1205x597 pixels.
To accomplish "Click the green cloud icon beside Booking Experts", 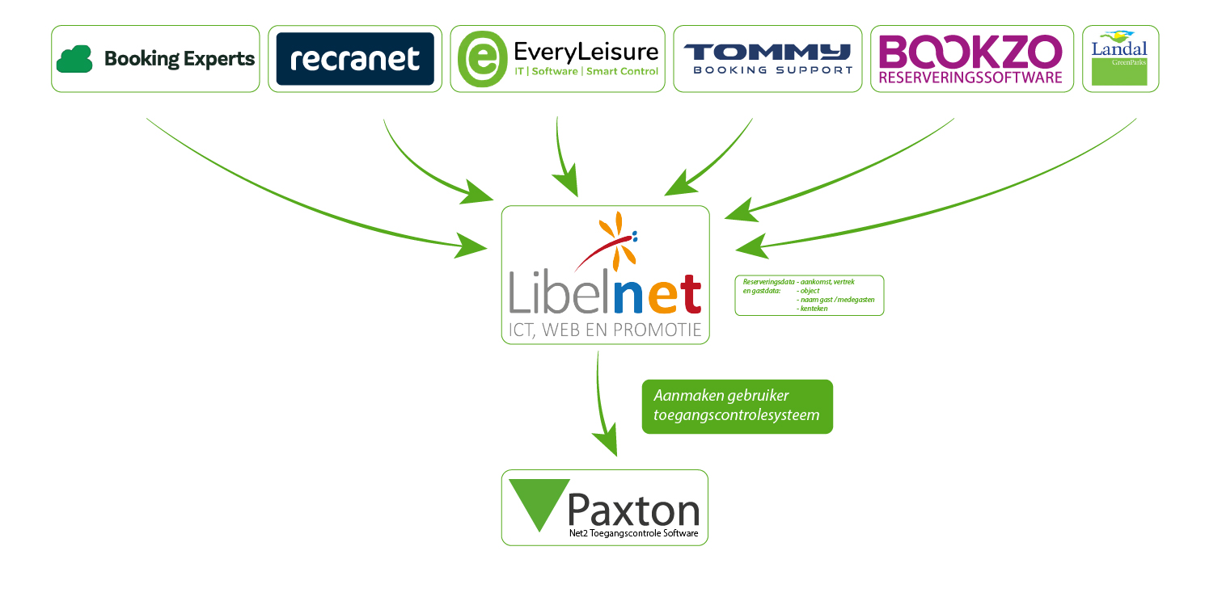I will click(76, 59).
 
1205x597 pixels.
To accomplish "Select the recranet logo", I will click(355, 59).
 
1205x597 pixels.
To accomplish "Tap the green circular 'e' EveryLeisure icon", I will click(482, 59).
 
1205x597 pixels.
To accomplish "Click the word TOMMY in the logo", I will click(767, 52).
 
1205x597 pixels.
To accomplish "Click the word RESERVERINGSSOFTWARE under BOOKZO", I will click(970, 78).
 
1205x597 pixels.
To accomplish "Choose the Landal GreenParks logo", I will click(1119, 58).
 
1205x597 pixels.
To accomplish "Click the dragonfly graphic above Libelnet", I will click(613, 241).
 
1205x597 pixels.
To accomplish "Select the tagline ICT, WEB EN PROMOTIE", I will click(605, 330).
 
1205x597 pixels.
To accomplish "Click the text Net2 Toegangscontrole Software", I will click(633, 534).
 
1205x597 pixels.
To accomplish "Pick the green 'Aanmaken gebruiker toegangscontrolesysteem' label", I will click(737, 406).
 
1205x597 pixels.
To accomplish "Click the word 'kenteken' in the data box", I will click(812, 309).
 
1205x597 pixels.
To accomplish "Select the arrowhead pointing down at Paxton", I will click(607, 444).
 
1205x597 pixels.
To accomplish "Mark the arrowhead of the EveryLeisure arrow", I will click(566, 180).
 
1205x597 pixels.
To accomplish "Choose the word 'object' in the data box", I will click(808, 291).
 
